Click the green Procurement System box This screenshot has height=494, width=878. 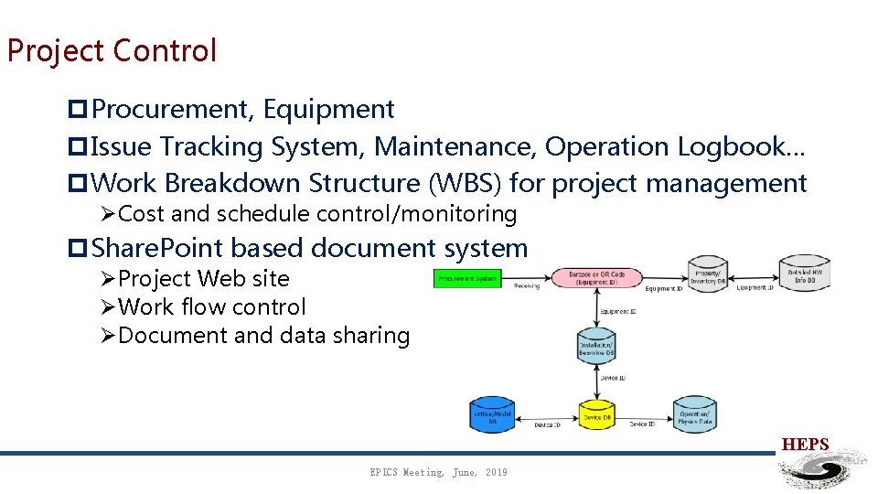[467, 278]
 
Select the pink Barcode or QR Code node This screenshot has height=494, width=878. [595, 277]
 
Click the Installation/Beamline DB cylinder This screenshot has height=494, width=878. [595, 345]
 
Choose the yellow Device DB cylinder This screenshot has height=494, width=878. [596, 417]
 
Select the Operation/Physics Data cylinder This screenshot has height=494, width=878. [694, 414]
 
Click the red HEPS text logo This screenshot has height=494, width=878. [805, 445]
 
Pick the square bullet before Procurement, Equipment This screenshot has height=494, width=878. [78, 110]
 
